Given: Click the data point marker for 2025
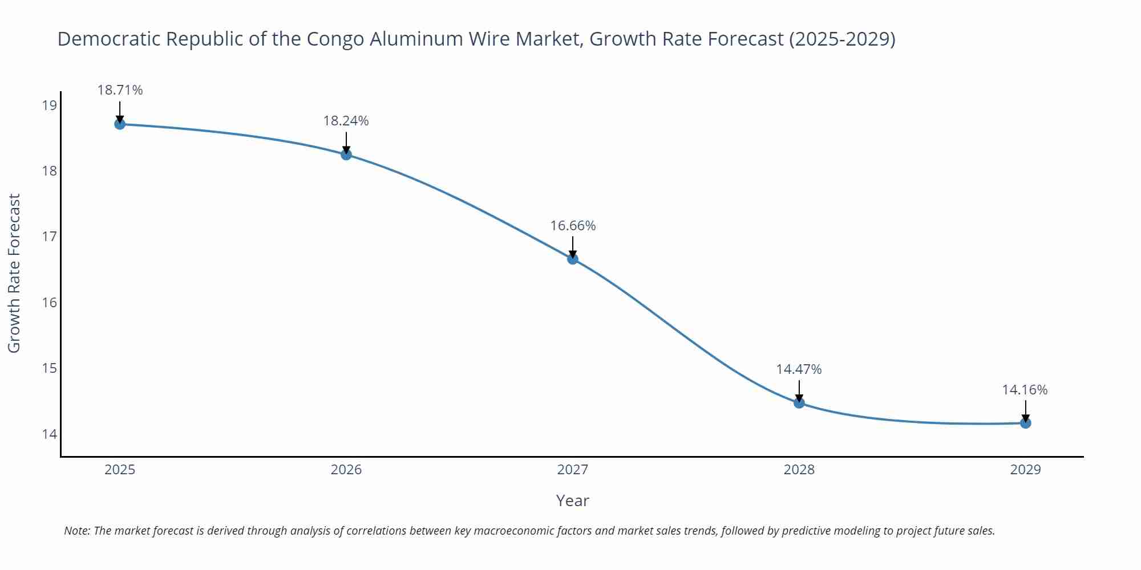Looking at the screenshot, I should [120, 124].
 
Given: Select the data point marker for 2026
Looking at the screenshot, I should [346, 154].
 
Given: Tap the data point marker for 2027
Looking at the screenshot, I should [573, 259].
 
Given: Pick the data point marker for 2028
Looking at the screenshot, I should [799, 402].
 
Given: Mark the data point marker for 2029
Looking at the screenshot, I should [1025, 423].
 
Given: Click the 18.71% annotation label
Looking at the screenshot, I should [120, 90].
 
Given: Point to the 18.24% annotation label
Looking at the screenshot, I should [346, 121].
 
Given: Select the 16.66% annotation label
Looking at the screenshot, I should [573, 226].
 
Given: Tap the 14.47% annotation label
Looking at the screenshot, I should [799, 369].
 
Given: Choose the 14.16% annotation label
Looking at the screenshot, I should [1025, 390].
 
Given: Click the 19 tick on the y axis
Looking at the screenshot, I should [50, 105].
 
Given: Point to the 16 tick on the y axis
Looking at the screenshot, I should [50, 303].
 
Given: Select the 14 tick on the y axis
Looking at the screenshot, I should [50, 434].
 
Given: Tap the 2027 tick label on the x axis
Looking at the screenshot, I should [573, 470].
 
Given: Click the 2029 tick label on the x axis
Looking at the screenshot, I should [1025, 470].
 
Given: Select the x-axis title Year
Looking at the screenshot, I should [572, 500].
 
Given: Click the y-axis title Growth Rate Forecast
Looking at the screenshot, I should [14, 273].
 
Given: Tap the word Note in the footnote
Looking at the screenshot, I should [76, 531].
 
